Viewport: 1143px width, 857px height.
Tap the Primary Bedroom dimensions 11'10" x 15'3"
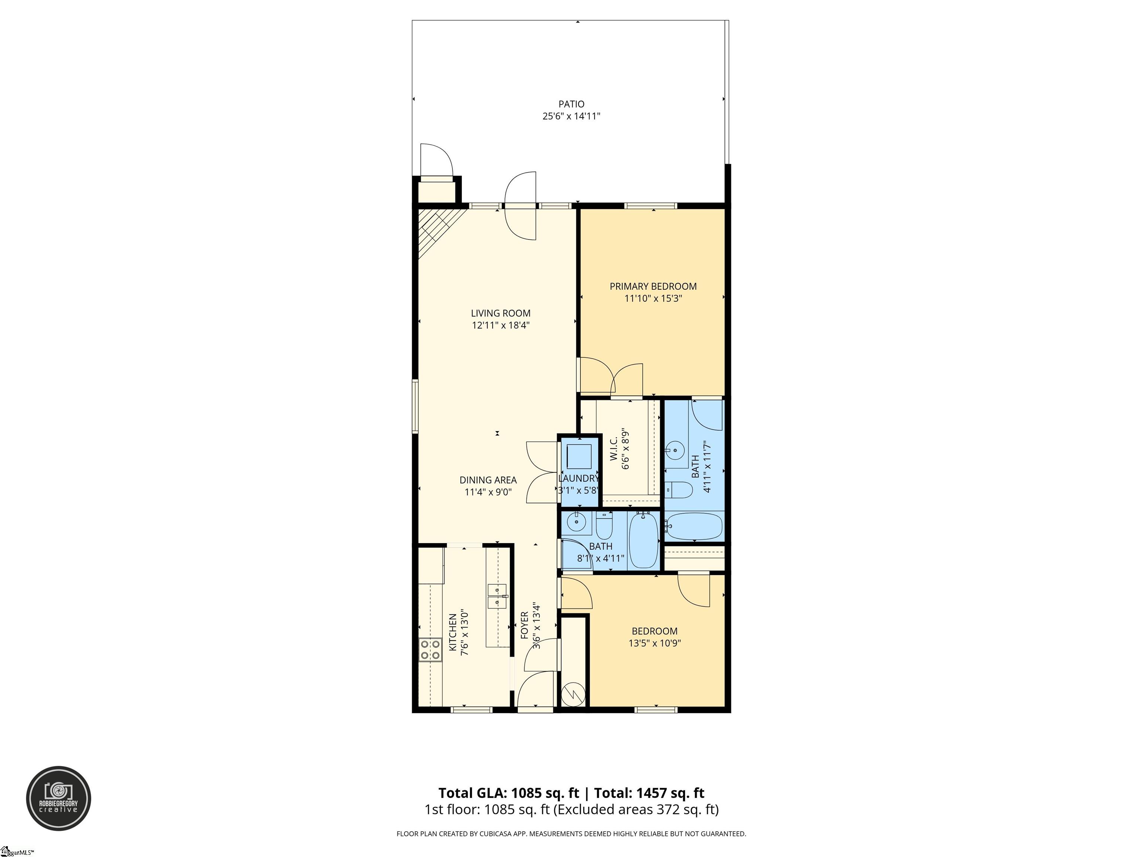tap(653, 299)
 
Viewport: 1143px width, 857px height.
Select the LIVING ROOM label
tap(500, 313)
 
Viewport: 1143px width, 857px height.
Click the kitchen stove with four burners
tap(430, 649)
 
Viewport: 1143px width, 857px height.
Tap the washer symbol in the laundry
tap(578, 455)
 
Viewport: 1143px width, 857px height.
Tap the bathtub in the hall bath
tap(643, 539)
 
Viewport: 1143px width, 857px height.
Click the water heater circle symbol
tap(574, 693)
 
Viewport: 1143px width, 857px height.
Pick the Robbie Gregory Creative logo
tap(58, 798)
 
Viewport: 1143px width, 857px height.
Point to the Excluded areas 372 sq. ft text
tap(635, 809)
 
